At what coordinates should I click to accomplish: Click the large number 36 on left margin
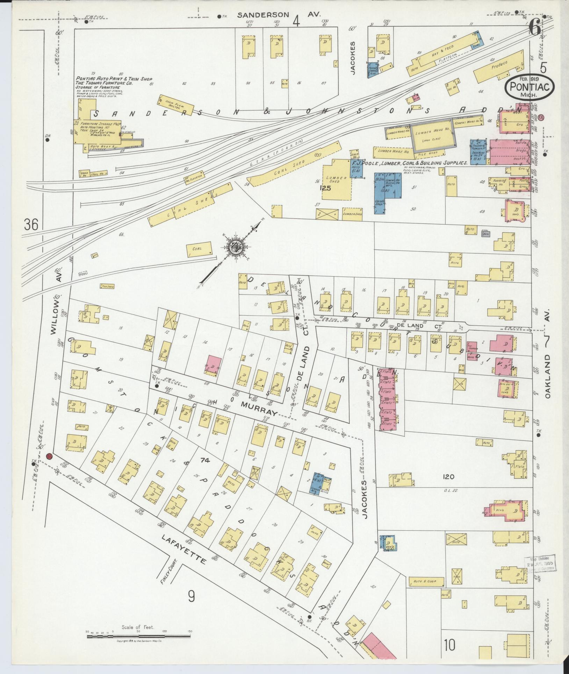point(31,224)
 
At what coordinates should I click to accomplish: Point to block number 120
point(448,477)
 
